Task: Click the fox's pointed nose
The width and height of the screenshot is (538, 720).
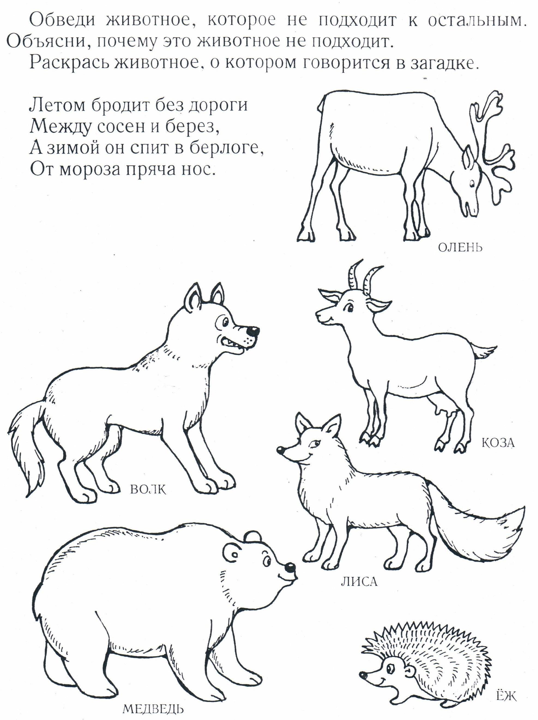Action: click(280, 450)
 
